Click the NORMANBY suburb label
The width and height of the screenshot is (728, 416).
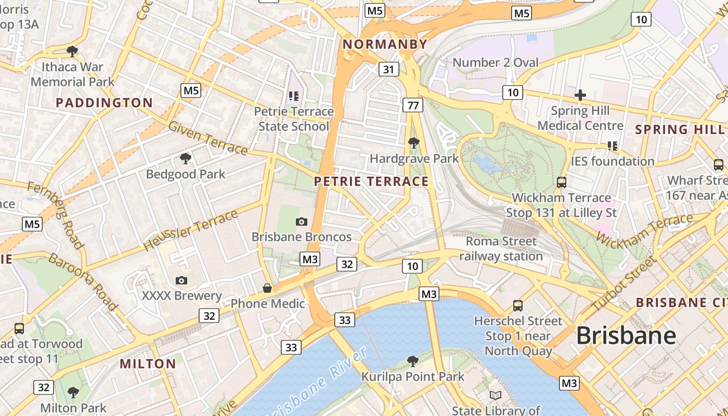pos(385,45)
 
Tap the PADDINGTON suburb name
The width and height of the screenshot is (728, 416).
pos(104,103)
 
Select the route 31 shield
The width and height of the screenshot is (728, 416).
pos(389,69)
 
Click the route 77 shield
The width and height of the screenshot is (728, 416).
pos(413,106)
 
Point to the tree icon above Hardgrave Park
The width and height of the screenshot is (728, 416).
pos(414,142)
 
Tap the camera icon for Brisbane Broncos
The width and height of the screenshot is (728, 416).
pos(301,222)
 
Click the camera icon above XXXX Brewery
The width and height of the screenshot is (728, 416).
pos(181,281)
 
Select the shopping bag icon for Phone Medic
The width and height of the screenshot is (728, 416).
pos(267,288)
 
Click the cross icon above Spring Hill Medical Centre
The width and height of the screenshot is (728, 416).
pos(580,95)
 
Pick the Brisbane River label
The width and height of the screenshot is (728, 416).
pos(322,382)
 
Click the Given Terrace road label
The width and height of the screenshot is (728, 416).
pos(208,138)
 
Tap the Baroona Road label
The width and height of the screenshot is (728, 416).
pos(83,281)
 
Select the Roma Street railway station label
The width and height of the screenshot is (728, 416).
pos(501,249)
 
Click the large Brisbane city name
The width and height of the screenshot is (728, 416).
pos(626,335)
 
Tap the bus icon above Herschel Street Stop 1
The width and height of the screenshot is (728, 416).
pos(518,306)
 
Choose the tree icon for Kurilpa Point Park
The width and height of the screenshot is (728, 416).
pos(413,360)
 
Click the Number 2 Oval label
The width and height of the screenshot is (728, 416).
pos(496,63)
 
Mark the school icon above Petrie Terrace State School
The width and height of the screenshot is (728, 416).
pos(294,96)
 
